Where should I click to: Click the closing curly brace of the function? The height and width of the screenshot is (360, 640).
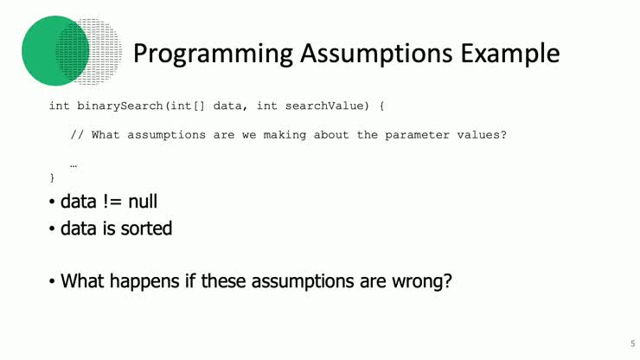[52, 177]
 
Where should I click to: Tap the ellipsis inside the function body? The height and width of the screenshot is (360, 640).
[74, 163]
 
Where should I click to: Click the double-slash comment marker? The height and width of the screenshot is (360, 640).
[77, 134]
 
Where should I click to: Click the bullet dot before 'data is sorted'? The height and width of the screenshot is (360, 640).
[52, 229]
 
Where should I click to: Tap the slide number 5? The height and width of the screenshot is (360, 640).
[620, 342]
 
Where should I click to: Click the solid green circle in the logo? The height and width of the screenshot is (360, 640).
[52, 50]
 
